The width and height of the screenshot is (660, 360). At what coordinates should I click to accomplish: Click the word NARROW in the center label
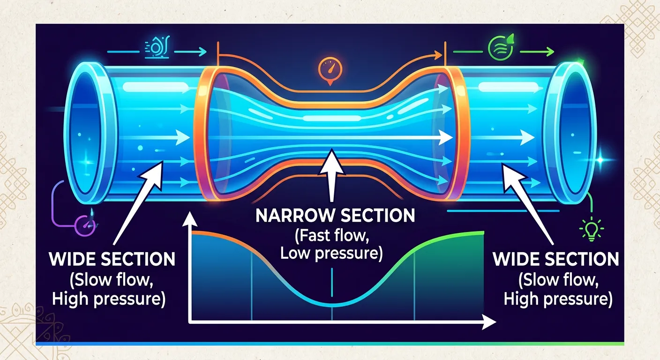point(294,216)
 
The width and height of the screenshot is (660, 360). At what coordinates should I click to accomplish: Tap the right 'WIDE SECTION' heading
point(555,259)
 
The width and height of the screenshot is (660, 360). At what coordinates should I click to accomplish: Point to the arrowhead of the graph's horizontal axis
point(490,322)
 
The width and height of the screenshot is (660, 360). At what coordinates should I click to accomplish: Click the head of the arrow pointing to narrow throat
point(332,157)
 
